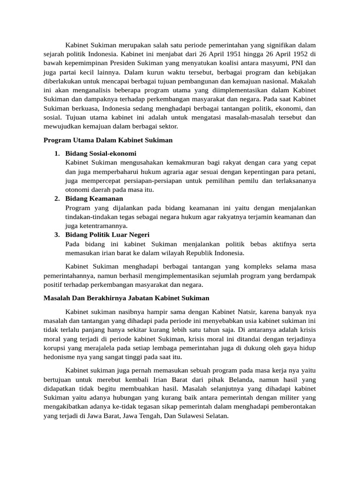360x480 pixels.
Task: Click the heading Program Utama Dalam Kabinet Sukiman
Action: (108, 140)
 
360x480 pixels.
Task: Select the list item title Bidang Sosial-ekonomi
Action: (101, 153)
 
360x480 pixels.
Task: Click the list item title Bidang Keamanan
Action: (94, 198)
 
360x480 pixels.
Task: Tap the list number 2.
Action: (56, 198)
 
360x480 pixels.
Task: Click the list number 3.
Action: (56, 234)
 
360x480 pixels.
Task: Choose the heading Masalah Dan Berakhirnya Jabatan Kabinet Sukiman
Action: (126, 298)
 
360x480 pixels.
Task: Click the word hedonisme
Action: (60, 356)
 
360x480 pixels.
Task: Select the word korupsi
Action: (54, 347)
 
